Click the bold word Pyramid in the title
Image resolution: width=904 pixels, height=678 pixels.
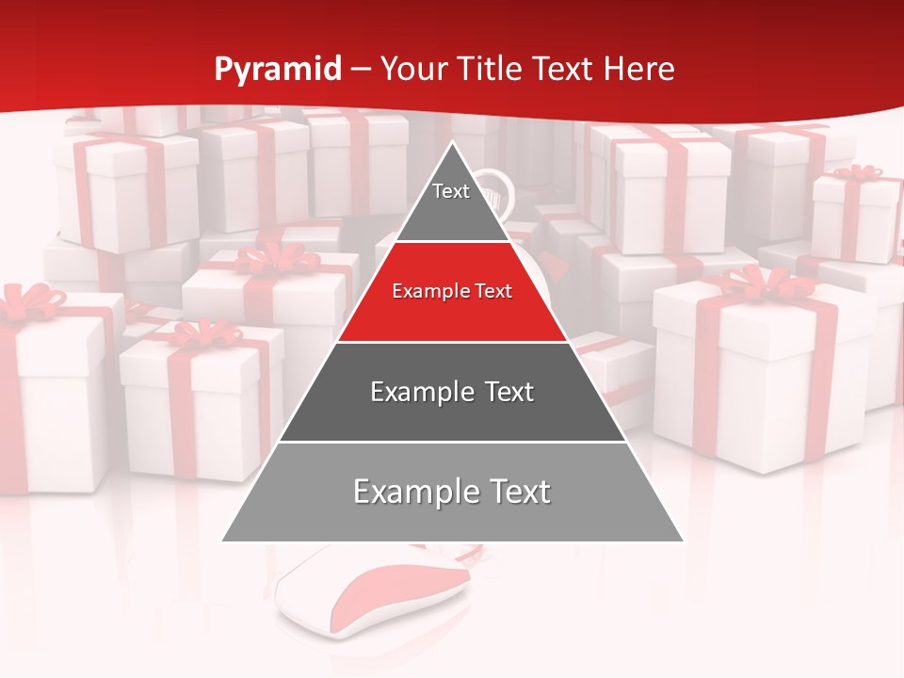278,70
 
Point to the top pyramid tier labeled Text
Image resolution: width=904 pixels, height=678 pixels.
451,202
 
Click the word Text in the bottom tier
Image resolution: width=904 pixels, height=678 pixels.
513,492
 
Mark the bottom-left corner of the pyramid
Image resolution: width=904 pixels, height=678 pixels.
222,541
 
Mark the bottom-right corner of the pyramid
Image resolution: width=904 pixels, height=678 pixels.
684,541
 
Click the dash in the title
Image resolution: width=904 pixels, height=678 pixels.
361,70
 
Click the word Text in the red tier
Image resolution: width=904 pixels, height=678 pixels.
492,291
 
